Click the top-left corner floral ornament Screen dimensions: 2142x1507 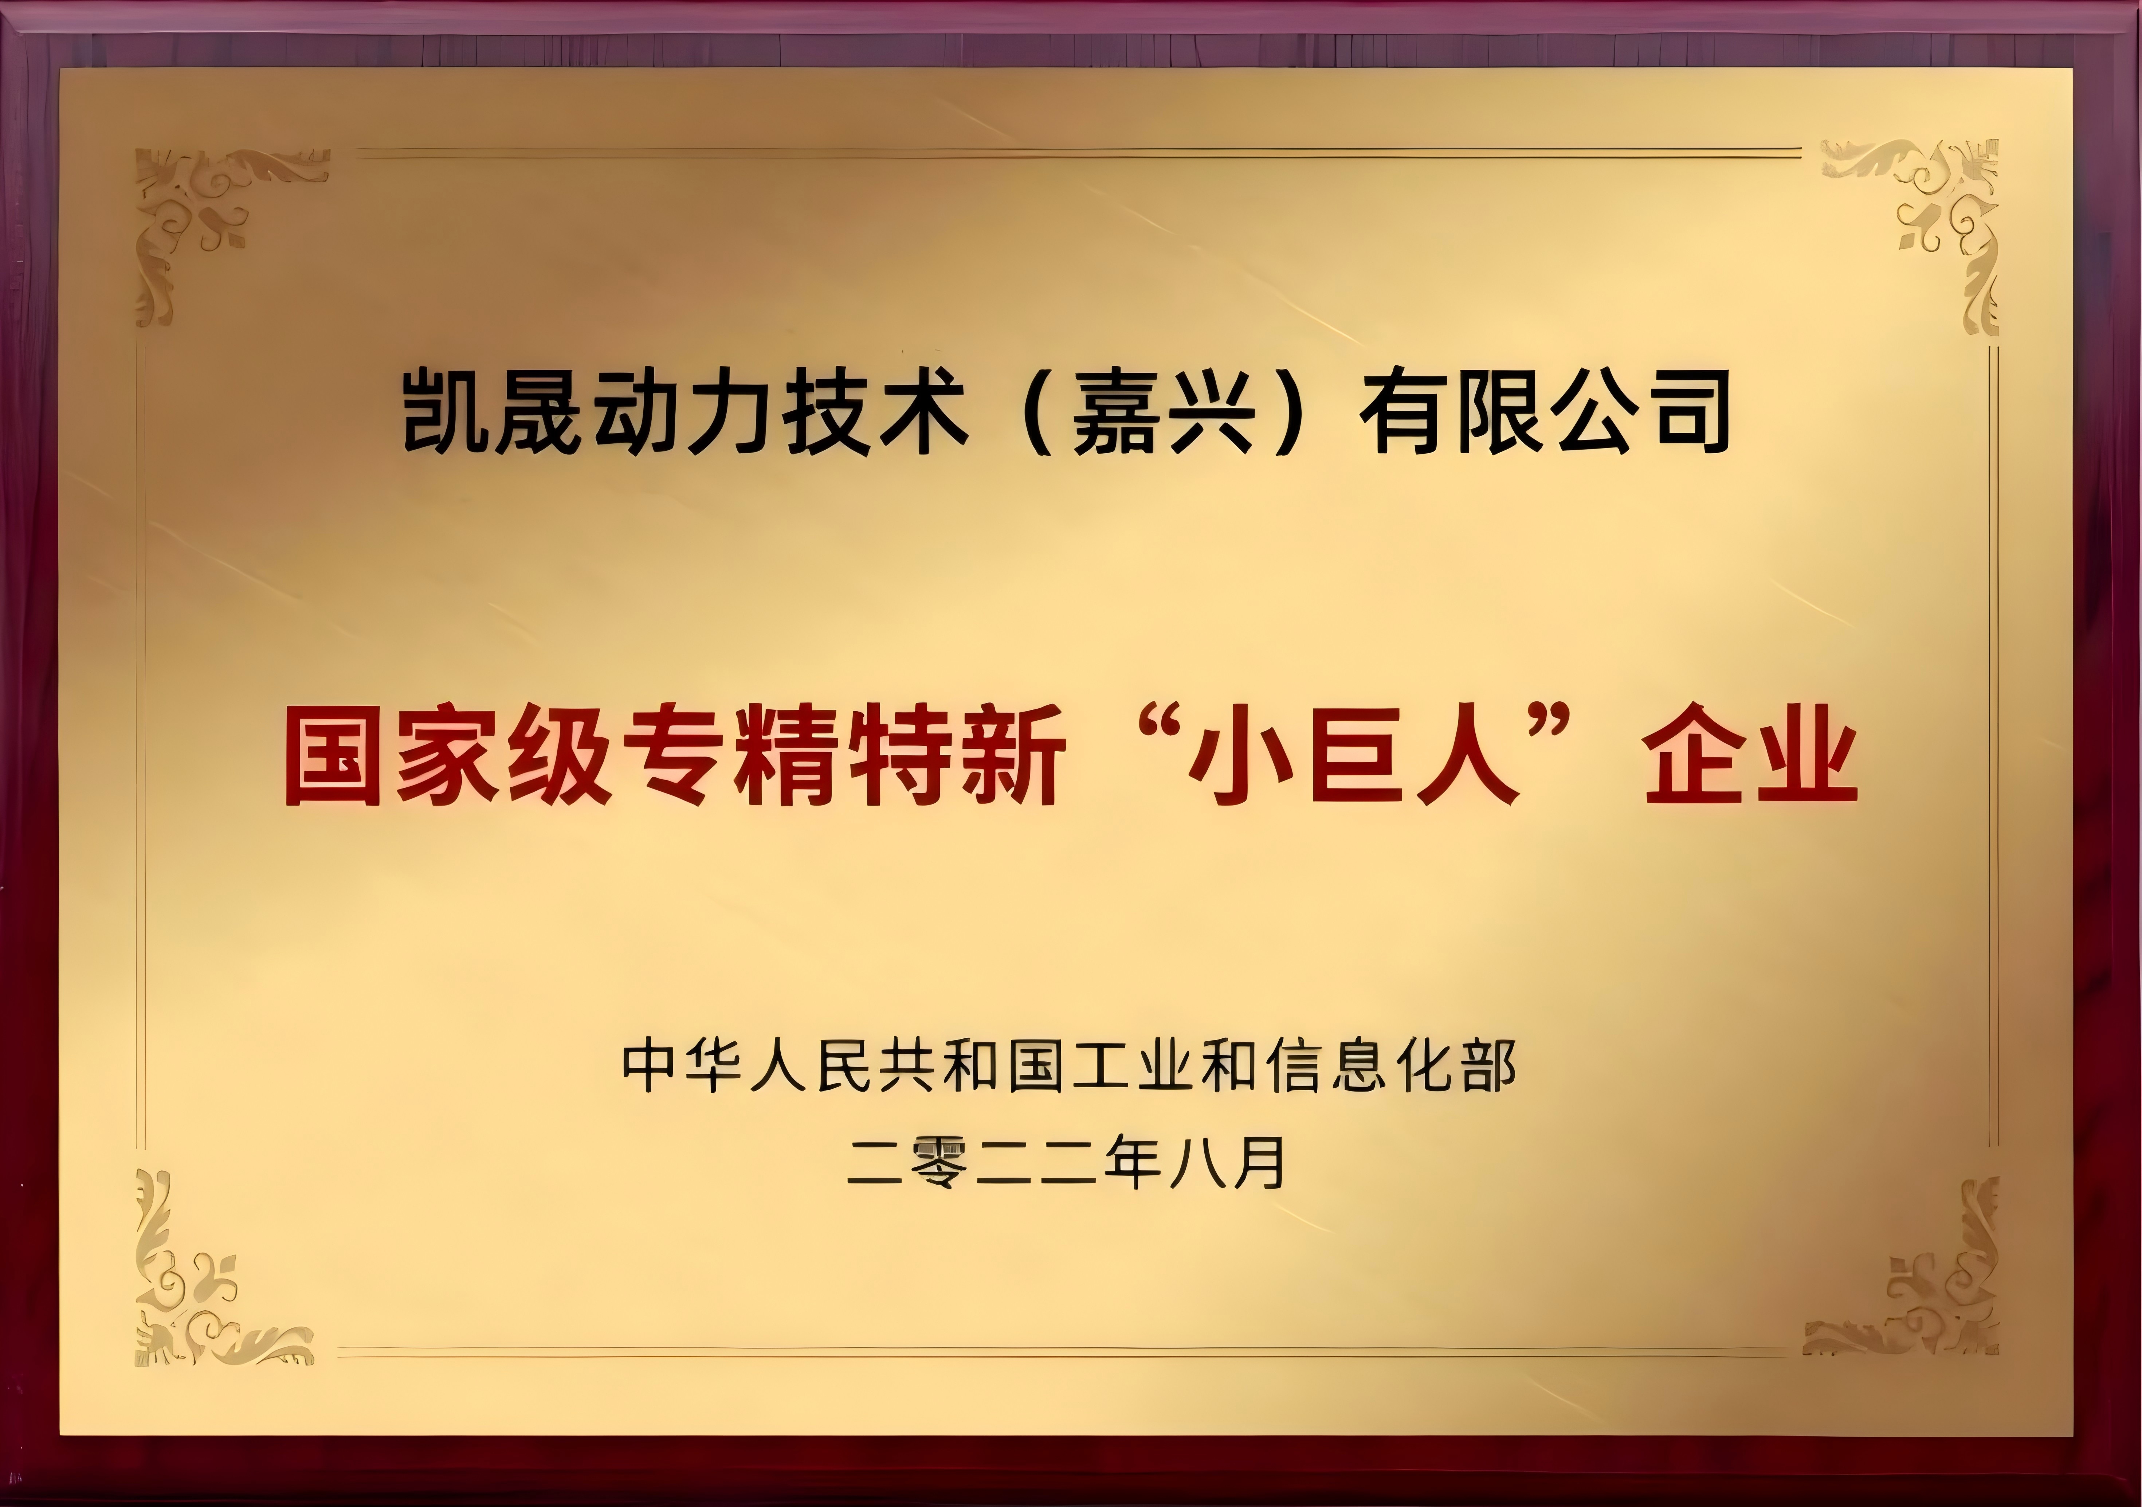[224, 233]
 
